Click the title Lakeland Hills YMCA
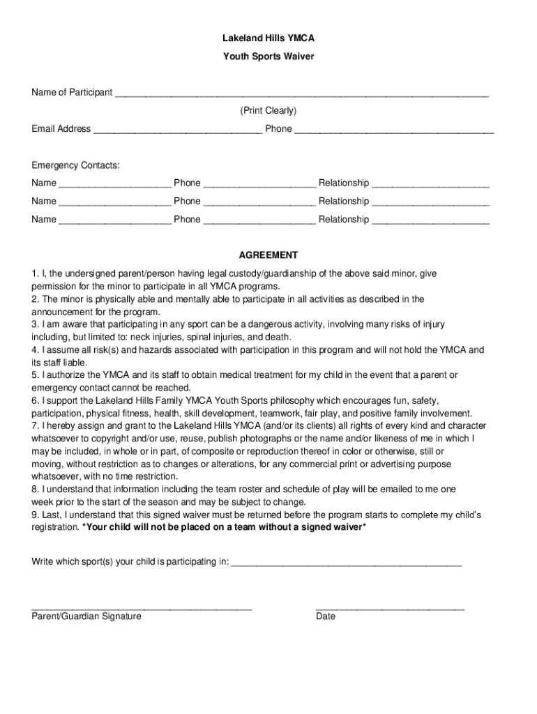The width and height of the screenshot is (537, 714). point(268,39)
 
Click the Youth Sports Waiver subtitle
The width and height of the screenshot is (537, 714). point(268,56)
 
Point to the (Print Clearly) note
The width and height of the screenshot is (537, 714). point(268,111)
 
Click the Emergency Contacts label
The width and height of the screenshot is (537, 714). point(75,165)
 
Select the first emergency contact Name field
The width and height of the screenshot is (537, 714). point(115,184)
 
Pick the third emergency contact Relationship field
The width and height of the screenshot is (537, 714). point(430,220)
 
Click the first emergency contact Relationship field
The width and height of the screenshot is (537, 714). point(430,184)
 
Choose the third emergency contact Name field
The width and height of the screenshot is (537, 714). point(115,220)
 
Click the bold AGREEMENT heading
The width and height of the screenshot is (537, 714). point(268,255)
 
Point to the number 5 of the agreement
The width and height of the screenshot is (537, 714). point(34,375)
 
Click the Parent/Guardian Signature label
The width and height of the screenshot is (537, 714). point(86,616)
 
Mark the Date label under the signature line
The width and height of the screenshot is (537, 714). point(326,616)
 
